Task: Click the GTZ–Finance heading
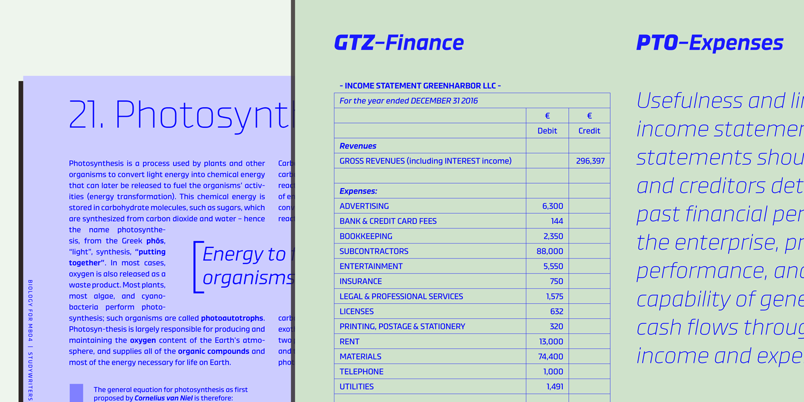(399, 43)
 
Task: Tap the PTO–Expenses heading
(710, 43)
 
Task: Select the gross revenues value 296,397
(590, 161)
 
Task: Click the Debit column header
(547, 131)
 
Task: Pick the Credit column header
(589, 131)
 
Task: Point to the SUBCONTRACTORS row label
(374, 251)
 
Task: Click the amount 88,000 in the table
(549, 251)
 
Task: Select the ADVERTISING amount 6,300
(552, 206)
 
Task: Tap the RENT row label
(350, 342)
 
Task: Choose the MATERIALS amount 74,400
(550, 357)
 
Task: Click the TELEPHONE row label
(361, 372)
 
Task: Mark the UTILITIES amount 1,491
(554, 387)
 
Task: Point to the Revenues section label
(358, 146)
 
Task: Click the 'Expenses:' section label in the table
(358, 191)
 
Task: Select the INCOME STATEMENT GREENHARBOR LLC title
(420, 86)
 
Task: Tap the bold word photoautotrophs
(232, 318)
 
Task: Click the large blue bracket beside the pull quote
(197, 267)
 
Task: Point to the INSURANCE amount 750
(556, 281)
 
